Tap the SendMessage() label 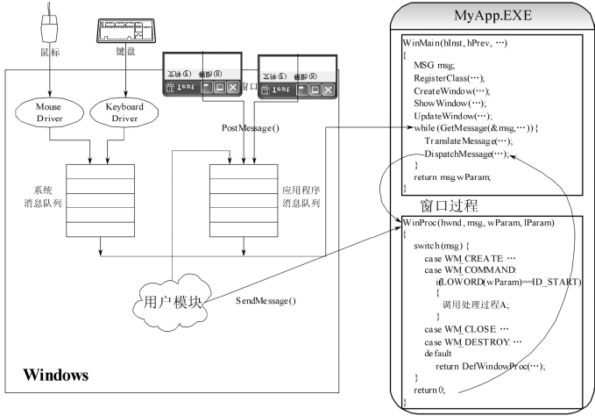(x=266, y=301)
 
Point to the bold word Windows (x=55, y=376)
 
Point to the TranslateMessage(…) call (x=465, y=141)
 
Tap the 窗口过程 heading (x=450, y=207)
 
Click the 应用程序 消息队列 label (x=301, y=196)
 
